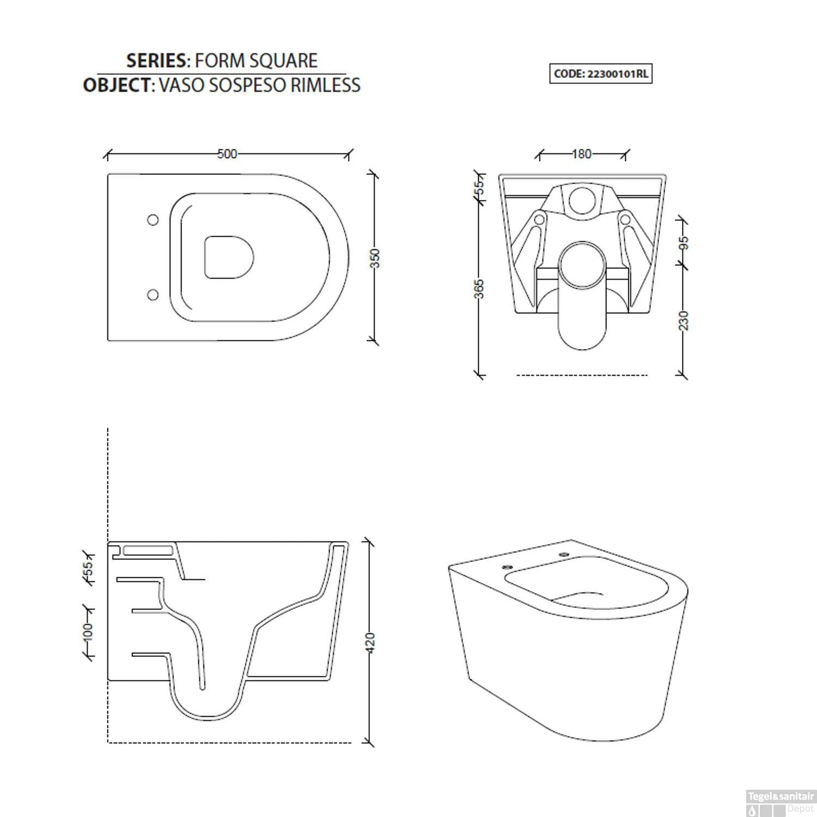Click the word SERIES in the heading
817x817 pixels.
click(156, 60)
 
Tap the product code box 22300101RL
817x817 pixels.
click(600, 74)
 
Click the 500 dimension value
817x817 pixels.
click(227, 154)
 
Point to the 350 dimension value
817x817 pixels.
click(375, 258)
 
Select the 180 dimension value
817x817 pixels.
click(581, 154)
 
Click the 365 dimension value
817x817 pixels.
click(479, 289)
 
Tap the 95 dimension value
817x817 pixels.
click(685, 242)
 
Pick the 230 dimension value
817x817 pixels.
click(685, 320)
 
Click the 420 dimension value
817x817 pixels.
click(370, 643)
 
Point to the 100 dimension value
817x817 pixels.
click(88, 632)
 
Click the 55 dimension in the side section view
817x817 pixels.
click(88, 568)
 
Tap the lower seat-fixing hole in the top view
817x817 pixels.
click(153, 295)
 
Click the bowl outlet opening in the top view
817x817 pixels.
click(229, 257)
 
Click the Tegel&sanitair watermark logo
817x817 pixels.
click(780, 803)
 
